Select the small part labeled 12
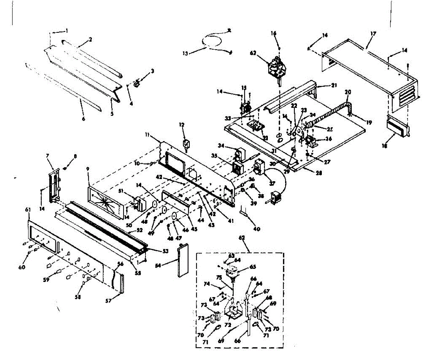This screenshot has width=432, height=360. (x=186, y=145)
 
